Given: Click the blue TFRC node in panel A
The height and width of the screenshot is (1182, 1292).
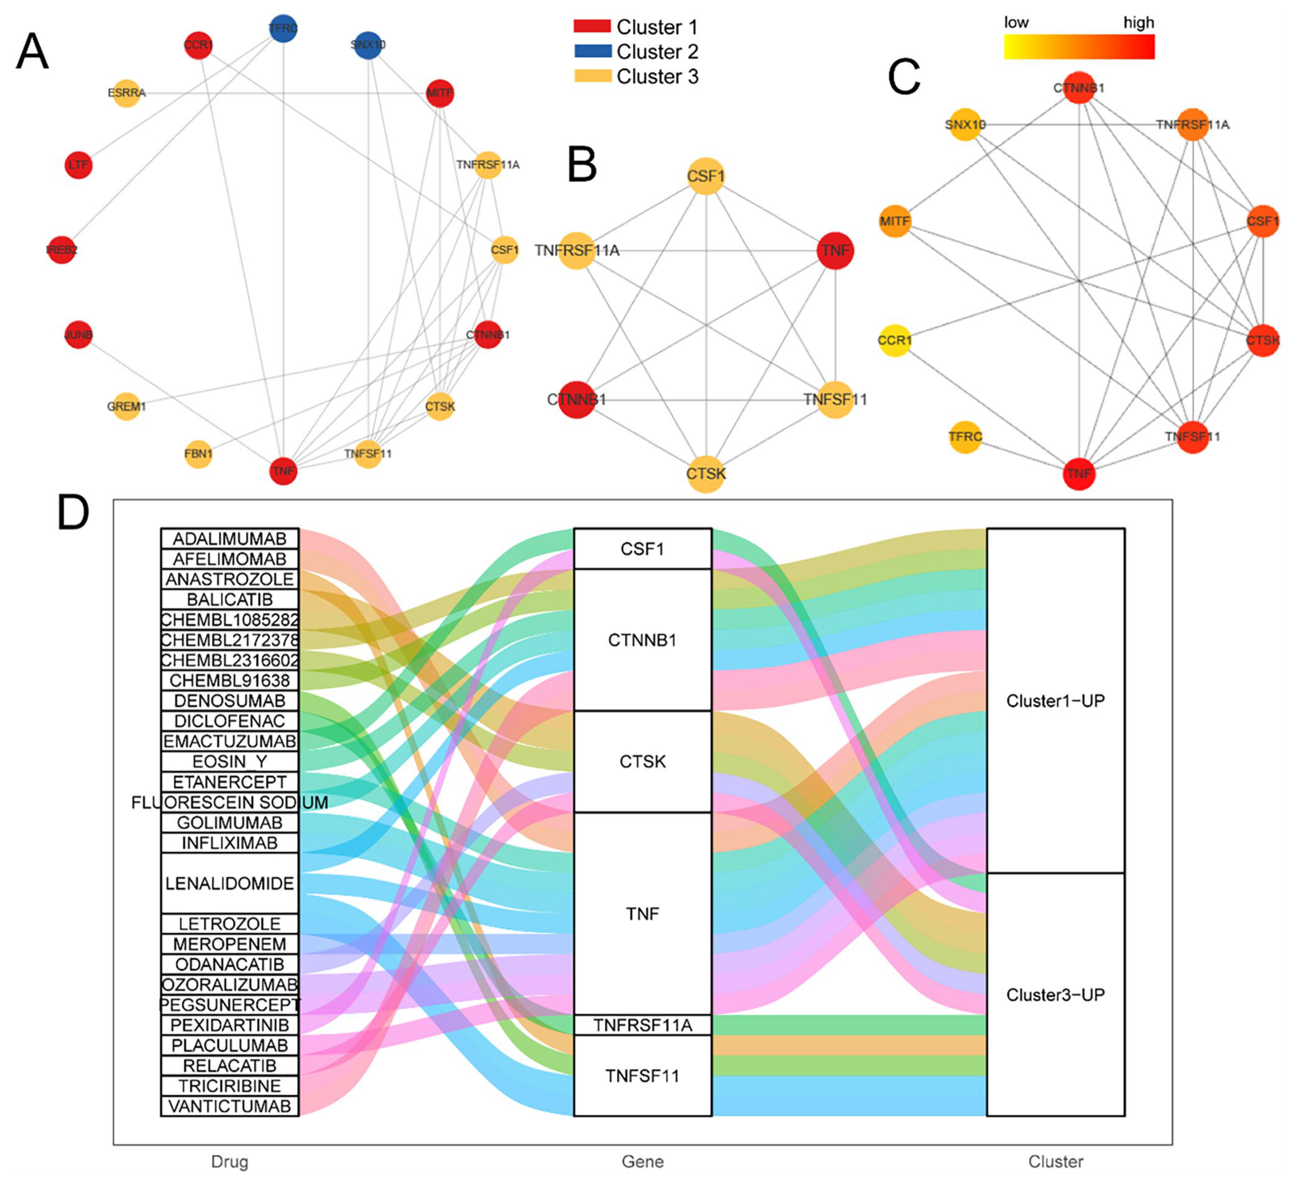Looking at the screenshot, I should click(x=283, y=29).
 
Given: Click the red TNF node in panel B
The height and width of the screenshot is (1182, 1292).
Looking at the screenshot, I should click(x=835, y=251).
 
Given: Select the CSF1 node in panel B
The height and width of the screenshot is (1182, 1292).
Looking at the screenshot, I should click(x=706, y=175).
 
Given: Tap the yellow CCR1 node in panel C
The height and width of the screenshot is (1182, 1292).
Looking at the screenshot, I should click(x=895, y=340).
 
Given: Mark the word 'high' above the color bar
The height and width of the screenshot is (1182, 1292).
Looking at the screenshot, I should click(x=1138, y=23).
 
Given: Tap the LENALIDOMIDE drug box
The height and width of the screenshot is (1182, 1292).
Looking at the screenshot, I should click(x=229, y=883).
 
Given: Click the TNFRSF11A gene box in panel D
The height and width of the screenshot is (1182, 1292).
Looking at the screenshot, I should click(x=642, y=1025).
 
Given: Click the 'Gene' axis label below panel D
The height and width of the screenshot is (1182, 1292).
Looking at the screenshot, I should click(x=642, y=1161).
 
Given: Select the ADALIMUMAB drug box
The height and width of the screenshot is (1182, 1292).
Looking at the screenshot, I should click(x=229, y=539).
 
